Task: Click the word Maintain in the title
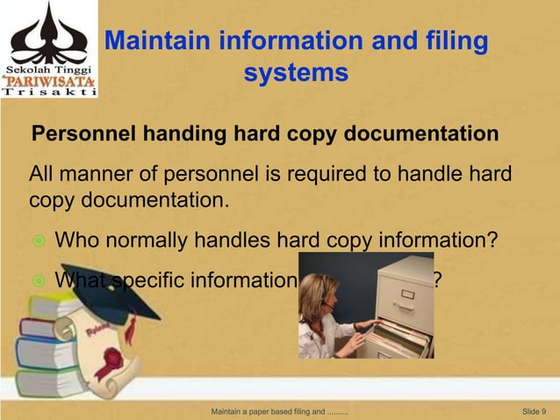point(158,41)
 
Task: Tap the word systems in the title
point(296,73)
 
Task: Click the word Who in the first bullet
point(76,239)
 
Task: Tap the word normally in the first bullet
point(145,239)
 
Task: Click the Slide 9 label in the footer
point(534,411)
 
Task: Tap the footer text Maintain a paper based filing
point(280,411)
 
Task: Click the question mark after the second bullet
point(437,280)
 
